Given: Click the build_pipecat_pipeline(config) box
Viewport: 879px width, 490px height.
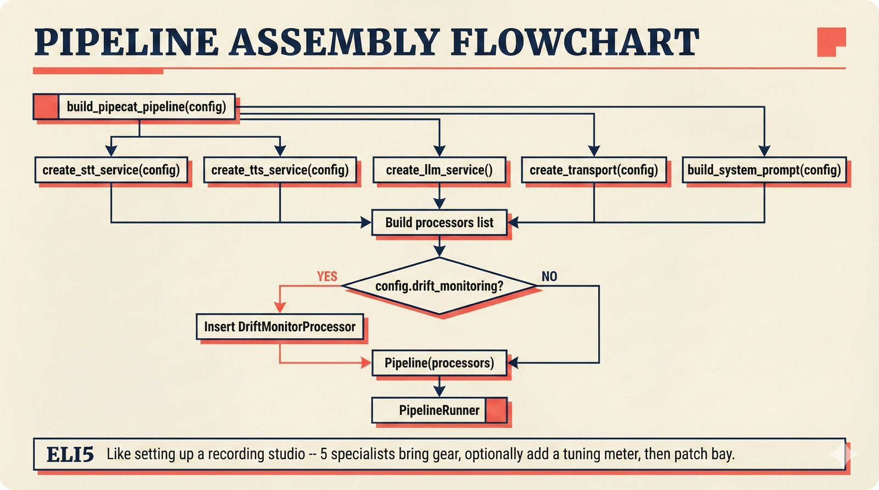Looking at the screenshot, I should (x=146, y=106).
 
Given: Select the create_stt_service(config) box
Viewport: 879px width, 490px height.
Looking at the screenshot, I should (x=111, y=170).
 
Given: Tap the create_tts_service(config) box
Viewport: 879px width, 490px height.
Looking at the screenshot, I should (x=280, y=170).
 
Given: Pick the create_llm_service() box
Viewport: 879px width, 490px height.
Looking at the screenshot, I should (x=439, y=170).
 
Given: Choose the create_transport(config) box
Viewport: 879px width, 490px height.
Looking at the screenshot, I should (x=593, y=170).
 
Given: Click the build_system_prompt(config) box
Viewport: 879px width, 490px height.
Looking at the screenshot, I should (x=764, y=170).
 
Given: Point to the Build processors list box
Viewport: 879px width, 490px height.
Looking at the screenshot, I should (x=439, y=223).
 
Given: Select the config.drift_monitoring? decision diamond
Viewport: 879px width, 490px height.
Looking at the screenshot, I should (x=439, y=286).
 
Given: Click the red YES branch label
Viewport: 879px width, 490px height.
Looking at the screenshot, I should (x=327, y=277).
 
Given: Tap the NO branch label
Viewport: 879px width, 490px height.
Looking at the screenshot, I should (x=549, y=277).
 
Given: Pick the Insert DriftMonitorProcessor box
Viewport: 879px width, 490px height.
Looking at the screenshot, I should (x=280, y=327).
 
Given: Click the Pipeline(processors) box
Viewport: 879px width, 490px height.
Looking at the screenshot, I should (x=439, y=363).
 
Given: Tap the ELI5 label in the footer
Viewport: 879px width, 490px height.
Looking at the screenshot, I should (x=70, y=454).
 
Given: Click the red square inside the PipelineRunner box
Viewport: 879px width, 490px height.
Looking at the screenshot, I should (x=496, y=410).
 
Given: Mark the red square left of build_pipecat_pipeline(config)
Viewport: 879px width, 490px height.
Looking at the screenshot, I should (x=46, y=106).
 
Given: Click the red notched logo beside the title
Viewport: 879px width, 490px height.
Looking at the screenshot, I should (x=830, y=41).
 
